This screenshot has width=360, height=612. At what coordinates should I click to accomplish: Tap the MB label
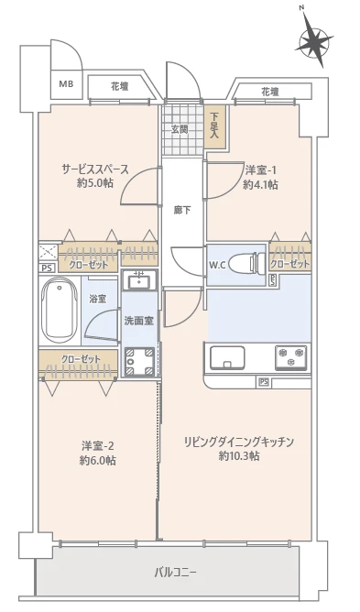pos(66,83)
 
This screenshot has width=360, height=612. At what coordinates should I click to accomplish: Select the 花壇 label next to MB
pos(120,85)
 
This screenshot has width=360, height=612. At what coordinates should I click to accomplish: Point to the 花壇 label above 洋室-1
pos(269,92)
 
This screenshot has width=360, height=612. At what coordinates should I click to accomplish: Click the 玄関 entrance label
pos(180,129)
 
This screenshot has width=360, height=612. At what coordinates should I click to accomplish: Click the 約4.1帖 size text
pos(261,184)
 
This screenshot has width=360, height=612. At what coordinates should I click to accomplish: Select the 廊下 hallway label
pos(181,210)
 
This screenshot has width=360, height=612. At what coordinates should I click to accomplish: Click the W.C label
pos(217,266)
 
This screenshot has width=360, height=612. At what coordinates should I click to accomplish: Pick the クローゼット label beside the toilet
pos(289,265)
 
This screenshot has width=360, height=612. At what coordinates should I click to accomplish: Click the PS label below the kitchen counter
pos(264,381)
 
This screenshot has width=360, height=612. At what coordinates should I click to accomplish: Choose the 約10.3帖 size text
pos(238,455)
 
